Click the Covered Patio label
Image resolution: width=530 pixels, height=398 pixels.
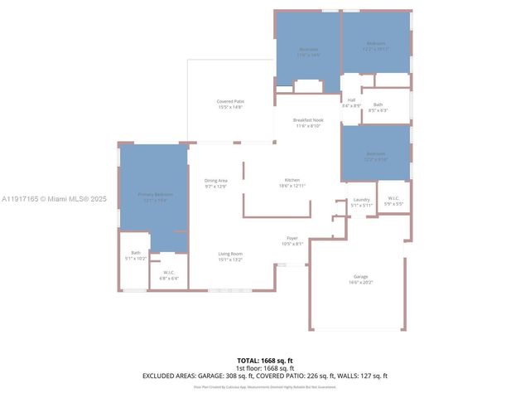point(230,101)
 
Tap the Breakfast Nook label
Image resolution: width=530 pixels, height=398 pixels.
point(308,120)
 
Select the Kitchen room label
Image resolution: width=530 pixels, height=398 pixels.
point(292,180)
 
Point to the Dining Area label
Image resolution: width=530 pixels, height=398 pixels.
point(215,180)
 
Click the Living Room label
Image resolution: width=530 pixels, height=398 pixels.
point(230,253)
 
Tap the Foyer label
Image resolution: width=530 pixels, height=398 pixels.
point(292,238)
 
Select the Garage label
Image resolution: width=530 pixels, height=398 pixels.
point(360,277)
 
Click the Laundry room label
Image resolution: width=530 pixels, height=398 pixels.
point(361,199)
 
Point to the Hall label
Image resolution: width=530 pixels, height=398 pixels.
point(351,100)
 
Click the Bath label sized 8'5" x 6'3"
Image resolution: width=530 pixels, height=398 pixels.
point(378,104)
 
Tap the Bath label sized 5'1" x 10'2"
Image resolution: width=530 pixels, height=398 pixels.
point(136,252)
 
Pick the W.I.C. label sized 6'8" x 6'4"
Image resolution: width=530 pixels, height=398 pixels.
point(168,273)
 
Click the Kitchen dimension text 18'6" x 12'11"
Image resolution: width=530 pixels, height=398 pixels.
point(292,186)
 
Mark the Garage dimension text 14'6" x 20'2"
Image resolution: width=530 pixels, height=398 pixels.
point(360,283)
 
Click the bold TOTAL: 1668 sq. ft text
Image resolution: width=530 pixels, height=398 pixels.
point(265,361)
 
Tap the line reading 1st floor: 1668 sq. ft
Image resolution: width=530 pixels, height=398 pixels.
point(265,368)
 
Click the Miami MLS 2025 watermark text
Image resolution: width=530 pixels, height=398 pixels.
point(55,199)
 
